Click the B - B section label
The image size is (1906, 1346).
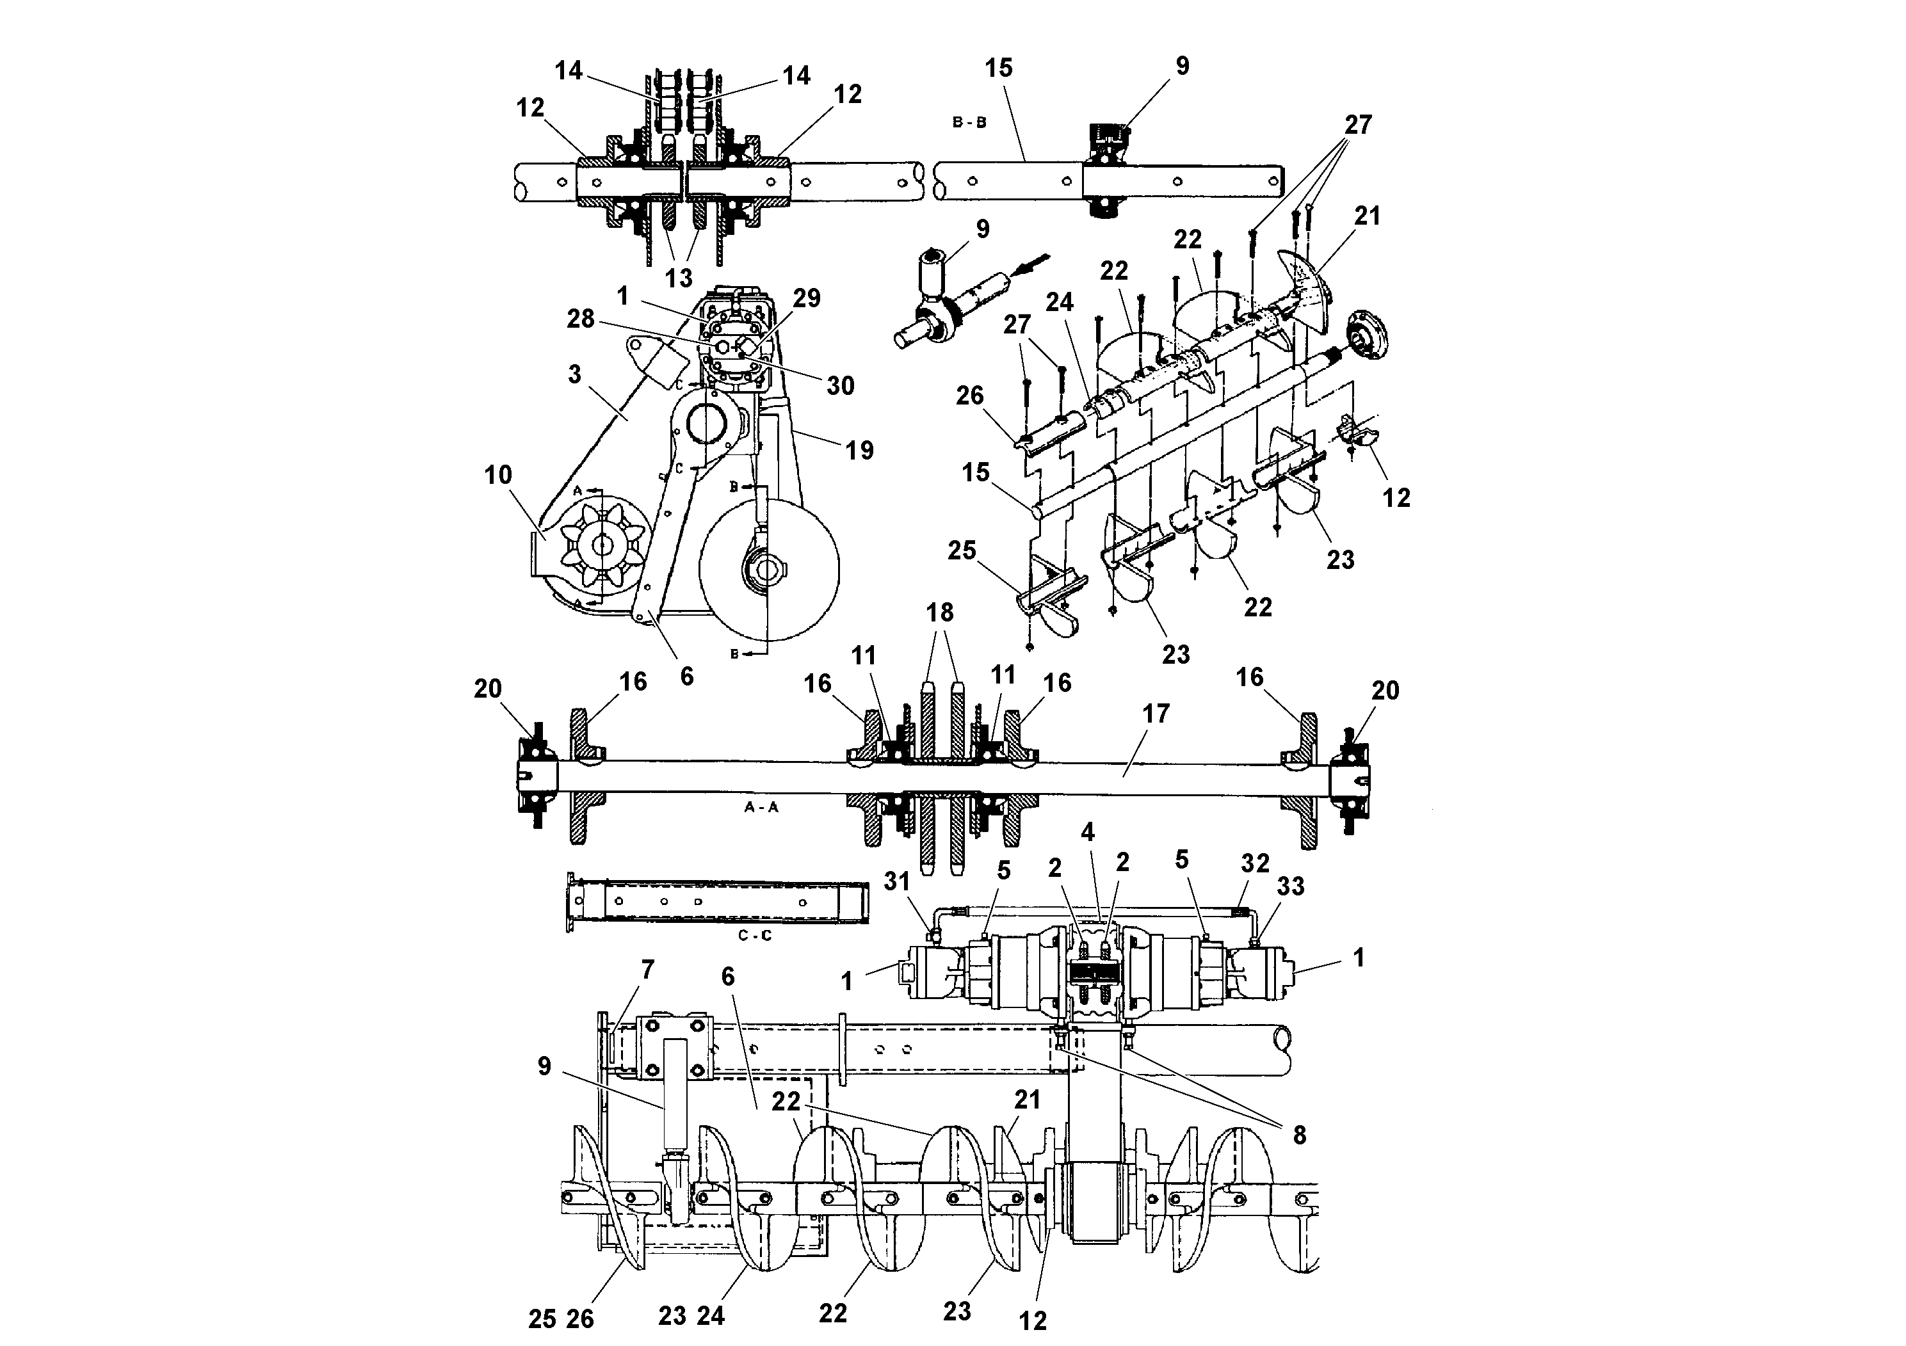tap(969, 122)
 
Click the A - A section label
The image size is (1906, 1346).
tap(761, 806)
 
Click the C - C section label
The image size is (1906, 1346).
tap(755, 935)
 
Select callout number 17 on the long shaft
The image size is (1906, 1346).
tap(1156, 714)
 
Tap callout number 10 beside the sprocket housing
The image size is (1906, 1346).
tap(498, 476)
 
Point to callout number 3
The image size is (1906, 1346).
tap(574, 374)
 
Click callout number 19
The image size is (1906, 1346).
tap(859, 450)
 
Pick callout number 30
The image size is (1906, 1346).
tap(840, 385)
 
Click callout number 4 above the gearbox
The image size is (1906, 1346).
tap(1088, 831)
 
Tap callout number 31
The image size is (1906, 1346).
tap(896, 881)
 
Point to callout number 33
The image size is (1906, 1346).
tap(1290, 886)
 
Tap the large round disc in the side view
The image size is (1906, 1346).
tap(769, 570)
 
